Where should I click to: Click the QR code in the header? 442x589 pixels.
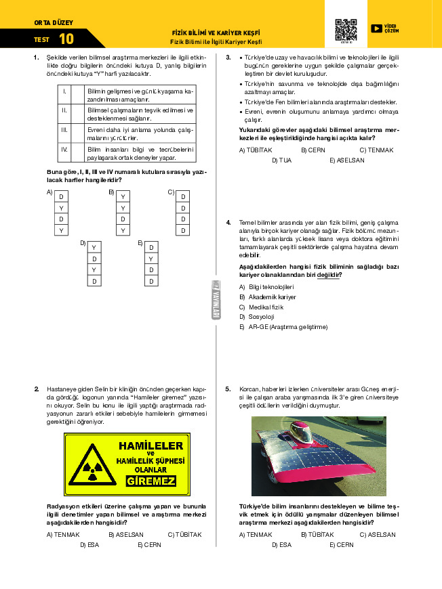346,30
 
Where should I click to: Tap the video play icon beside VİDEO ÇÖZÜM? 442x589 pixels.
376,28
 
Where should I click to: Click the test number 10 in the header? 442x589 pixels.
66,39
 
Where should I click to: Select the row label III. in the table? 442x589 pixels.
64,133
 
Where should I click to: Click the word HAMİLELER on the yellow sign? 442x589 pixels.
150,446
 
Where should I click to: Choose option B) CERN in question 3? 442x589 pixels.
313,150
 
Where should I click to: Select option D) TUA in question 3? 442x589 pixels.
281,160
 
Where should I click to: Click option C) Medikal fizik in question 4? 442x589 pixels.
261,307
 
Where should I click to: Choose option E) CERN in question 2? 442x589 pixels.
149,544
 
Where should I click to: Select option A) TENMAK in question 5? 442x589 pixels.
256,534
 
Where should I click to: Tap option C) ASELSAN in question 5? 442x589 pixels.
377,534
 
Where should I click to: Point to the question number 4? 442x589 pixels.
228,222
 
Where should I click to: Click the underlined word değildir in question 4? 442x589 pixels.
329,275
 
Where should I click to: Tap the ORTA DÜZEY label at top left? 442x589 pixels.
49,23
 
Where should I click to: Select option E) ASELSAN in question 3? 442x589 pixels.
347,160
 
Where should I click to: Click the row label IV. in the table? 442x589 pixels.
64,149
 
